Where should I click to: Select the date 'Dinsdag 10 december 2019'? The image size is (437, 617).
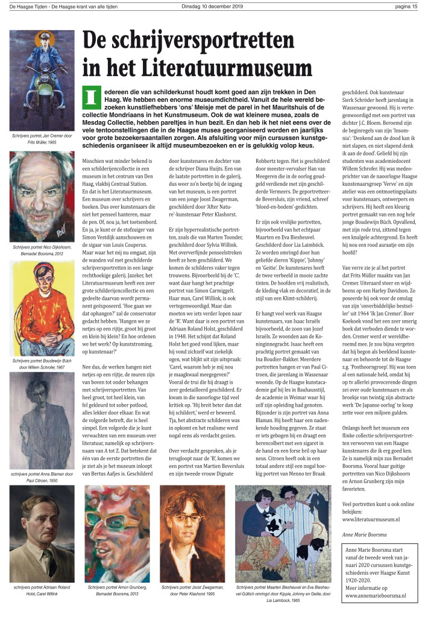(x=218, y=7)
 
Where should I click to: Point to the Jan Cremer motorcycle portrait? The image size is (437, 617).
(x=42, y=81)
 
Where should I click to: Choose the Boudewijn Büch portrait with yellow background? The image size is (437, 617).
(x=42, y=308)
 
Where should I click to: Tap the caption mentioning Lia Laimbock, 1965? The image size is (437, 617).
(x=283, y=593)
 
